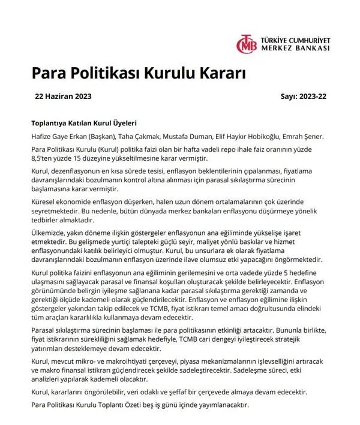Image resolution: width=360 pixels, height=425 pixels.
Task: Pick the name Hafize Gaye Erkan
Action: point(59,136)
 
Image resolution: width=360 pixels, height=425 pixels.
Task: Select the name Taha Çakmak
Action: point(149,136)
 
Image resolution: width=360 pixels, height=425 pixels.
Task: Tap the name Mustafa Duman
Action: point(199,136)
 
